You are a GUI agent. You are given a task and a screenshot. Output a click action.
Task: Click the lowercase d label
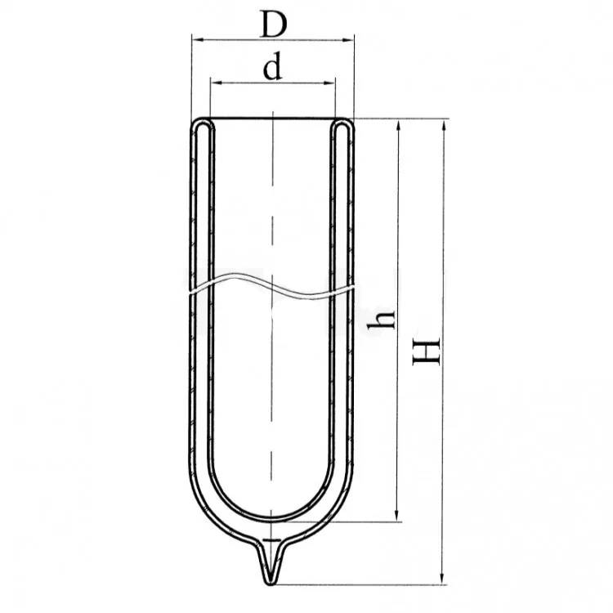coord(272,65)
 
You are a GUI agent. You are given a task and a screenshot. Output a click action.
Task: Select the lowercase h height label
coord(382,320)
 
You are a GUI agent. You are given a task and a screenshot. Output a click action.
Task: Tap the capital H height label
coord(427,351)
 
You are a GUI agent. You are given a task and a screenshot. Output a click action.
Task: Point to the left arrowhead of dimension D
coord(198,39)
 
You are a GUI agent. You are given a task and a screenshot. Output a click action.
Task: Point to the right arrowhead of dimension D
coord(348,39)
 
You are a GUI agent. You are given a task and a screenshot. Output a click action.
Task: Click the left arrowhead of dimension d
coord(217,83)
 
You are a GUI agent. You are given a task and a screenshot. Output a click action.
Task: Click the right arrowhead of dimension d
coord(329,83)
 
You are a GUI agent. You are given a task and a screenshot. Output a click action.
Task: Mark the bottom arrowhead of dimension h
coord(397,514)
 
